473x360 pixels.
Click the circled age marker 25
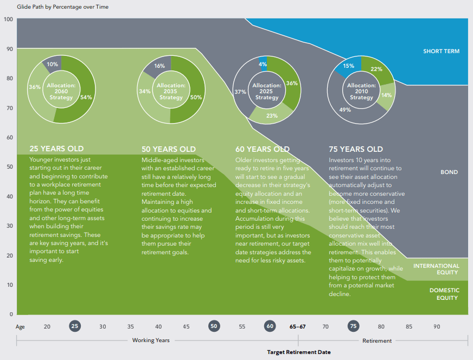pyautogui.click(x=75, y=326)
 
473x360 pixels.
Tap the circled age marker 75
pyautogui.click(x=353, y=326)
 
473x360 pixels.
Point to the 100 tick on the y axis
pyautogui.click(x=8, y=20)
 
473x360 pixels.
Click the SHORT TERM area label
pyautogui.click(x=441, y=52)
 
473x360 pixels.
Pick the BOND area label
pyautogui.click(x=449, y=172)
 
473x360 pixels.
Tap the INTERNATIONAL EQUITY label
pyautogui.click(x=436, y=269)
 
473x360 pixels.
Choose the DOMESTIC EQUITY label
pyautogui.click(x=444, y=294)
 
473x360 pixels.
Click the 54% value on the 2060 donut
pyautogui.click(x=86, y=98)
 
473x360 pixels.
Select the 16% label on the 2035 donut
pyautogui.click(x=159, y=66)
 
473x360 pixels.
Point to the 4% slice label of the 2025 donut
pyautogui.click(x=263, y=65)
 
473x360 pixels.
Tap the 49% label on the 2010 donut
pyautogui.click(x=344, y=110)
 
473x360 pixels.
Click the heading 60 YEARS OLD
pyautogui.click(x=263, y=149)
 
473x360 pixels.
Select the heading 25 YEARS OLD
pyautogui.click(x=56, y=149)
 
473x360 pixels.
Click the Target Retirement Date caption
pyautogui.click(x=298, y=352)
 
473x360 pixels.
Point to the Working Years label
pyautogui.click(x=151, y=340)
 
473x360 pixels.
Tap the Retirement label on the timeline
pyautogui.click(x=377, y=340)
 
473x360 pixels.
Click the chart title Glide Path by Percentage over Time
pyautogui.click(x=48, y=7)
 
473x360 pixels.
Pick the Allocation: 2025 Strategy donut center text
pyautogui.click(x=266, y=91)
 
